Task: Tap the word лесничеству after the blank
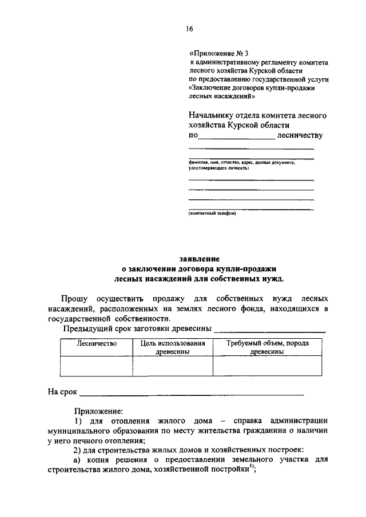[x=299, y=135]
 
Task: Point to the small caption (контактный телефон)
[x=212, y=214]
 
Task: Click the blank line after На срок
[x=192, y=394]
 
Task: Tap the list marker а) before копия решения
[x=78, y=460]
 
